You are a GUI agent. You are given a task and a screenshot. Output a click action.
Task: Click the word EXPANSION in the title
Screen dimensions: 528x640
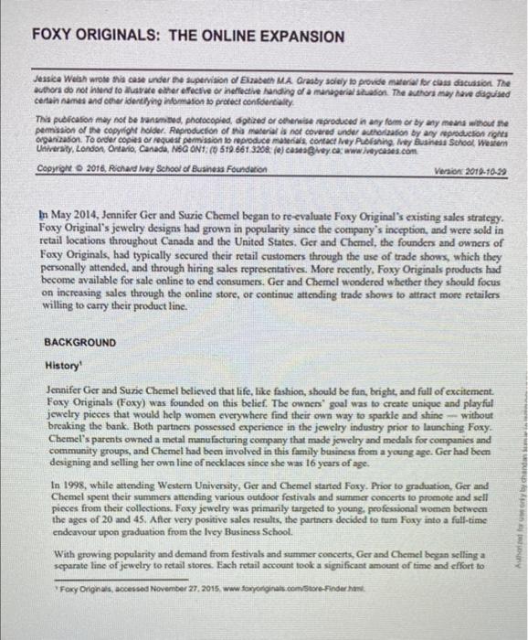[x=295, y=37]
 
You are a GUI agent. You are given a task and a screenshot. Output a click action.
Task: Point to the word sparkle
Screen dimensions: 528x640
[x=414, y=416]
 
